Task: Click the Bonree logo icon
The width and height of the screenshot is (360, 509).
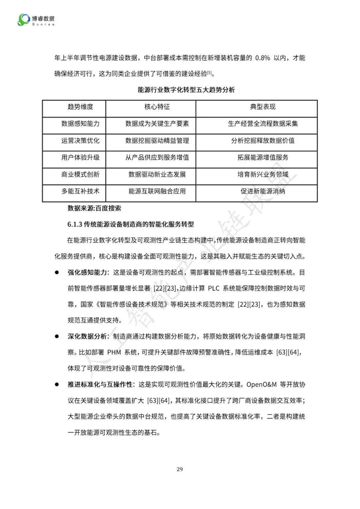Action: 24,20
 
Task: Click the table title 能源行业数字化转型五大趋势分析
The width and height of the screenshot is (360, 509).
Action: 186,90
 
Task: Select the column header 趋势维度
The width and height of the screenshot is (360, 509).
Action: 80,107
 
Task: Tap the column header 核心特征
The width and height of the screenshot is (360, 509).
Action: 157,107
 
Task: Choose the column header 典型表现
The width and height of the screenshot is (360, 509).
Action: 263,107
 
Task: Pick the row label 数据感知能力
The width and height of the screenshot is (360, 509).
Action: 80,124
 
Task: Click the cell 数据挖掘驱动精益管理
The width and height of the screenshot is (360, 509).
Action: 157,141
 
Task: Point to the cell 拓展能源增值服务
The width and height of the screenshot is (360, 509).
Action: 263,158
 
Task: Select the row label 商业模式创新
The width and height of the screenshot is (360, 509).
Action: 80,175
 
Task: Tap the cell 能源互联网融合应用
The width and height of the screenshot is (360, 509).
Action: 157,192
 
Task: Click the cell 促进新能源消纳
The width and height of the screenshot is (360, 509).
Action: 263,192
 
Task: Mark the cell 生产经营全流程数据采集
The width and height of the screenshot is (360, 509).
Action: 263,124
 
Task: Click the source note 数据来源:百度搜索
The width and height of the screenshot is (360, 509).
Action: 94,209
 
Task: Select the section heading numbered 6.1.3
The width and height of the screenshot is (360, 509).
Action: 131,225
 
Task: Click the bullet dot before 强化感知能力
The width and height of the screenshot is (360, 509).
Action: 57,272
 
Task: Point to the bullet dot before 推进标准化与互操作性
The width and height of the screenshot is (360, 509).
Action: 57,384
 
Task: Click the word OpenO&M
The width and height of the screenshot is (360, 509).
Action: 261,385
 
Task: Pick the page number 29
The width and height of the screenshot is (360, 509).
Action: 180,469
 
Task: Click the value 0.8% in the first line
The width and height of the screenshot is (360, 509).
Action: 262,58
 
